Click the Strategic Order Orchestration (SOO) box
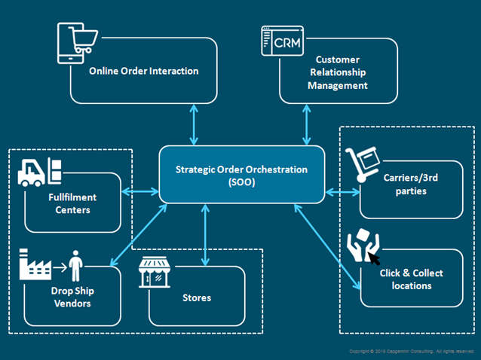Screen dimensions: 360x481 pyautogui.click(x=241, y=175)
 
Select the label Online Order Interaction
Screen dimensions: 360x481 pyautogui.click(x=144, y=72)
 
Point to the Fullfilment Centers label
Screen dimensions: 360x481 pyautogui.click(x=72, y=203)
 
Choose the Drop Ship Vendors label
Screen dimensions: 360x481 pyautogui.click(x=72, y=297)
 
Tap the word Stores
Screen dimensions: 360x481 pyautogui.click(x=197, y=297)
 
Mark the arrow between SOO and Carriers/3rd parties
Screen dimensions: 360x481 pyautogui.click(x=342, y=192)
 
